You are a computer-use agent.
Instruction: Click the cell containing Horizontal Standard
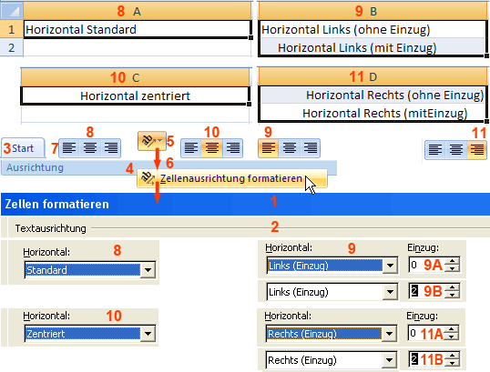pyautogui.click(x=138, y=30)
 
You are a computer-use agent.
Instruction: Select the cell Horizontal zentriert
pyautogui.click(x=135, y=96)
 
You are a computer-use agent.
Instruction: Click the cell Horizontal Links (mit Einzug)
pyautogui.click(x=373, y=47)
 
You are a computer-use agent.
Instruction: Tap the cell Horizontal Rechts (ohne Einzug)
pyautogui.click(x=373, y=96)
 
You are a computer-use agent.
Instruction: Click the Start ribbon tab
pyautogui.click(x=23, y=148)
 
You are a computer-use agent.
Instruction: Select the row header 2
pyautogui.click(x=12, y=47)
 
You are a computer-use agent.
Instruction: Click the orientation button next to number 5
pyautogui.click(x=152, y=141)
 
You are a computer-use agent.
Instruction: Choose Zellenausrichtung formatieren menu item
pyautogui.click(x=232, y=178)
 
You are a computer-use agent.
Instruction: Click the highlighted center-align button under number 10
pyautogui.click(x=212, y=148)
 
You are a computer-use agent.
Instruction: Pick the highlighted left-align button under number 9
pyautogui.click(x=268, y=148)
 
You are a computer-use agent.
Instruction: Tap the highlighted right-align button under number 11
pyautogui.click(x=476, y=150)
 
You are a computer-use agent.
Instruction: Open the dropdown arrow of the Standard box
pyautogui.click(x=148, y=270)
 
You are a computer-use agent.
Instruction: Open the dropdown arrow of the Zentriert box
pyautogui.click(x=148, y=334)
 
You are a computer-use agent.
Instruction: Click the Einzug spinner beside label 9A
pyautogui.click(x=452, y=265)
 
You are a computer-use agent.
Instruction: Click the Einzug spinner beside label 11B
pyautogui.click(x=452, y=359)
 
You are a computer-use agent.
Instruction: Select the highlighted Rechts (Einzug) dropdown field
pyautogui.click(x=324, y=334)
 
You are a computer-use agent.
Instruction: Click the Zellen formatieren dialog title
pyautogui.click(x=56, y=204)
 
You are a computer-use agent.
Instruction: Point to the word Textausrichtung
pyautogui.click(x=51, y=228)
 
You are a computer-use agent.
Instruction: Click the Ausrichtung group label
pyautogui.click(x=35, y=167)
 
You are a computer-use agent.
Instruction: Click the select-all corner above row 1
pyautogui.click(x=11, y=11)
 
